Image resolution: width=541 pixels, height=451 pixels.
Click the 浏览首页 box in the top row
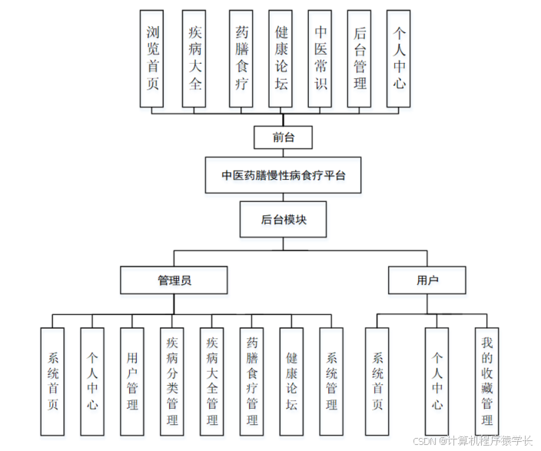pos(152,58)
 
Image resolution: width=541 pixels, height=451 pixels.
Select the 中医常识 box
pos(320,58)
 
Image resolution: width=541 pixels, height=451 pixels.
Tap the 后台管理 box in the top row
pos(360,58)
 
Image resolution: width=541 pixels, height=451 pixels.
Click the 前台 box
pos(283,138)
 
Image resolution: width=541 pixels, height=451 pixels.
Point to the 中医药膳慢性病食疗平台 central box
pos(284,175)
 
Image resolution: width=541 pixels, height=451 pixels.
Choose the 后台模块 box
pos(284,219)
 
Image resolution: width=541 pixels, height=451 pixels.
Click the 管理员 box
pos(174,280)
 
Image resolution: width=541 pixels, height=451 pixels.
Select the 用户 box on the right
pos(427,280)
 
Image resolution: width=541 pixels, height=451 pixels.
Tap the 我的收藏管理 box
pos(486,381)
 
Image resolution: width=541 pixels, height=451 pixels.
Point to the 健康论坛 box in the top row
pos(281,58)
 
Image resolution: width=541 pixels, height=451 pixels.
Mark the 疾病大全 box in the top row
pos(195,58)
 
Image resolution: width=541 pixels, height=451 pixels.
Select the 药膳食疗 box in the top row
pos(241,58)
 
